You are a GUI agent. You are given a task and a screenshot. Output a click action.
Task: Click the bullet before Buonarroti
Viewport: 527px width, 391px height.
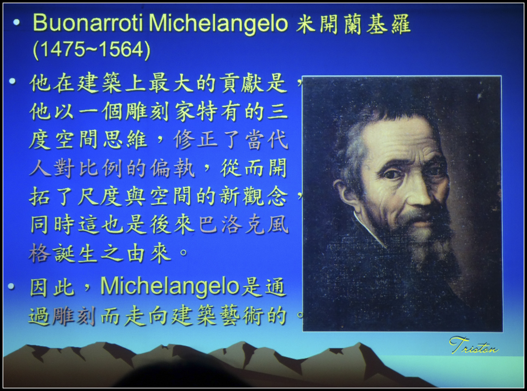point(16,22)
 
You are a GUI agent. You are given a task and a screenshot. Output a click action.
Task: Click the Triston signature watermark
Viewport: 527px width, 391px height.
point(474,345)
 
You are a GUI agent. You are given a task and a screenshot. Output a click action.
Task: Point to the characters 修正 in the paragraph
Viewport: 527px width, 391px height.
point(195,140)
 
